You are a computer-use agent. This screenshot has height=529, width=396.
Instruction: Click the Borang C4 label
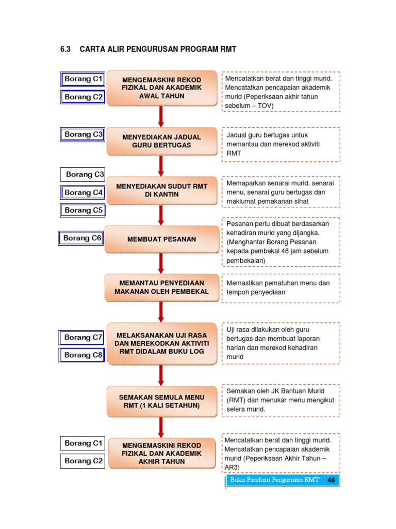(84, 193)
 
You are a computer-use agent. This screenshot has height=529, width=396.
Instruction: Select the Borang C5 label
(84, 210)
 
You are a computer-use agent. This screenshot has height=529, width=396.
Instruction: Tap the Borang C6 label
(82, 238)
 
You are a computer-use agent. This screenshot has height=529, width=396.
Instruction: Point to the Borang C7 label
(84, 337)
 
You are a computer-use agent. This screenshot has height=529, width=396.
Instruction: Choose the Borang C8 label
(84, 355)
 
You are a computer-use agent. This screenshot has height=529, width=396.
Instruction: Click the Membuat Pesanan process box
(161, 239)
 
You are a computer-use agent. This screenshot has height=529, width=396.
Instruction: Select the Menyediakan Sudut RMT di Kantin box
(161, 190)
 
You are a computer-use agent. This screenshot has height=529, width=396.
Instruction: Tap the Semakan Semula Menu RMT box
(161, 401)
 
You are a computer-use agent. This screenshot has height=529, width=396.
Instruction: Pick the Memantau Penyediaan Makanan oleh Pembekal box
(161, 287)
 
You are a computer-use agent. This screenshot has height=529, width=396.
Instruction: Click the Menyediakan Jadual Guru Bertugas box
(161, 141)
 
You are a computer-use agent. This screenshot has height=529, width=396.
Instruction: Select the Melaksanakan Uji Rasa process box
(161, 344)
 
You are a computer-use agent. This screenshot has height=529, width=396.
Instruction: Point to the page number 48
(331, 480)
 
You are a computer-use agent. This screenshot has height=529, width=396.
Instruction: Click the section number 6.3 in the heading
(65, 50)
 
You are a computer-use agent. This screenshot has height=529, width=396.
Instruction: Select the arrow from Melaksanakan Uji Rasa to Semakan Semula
(161, 375)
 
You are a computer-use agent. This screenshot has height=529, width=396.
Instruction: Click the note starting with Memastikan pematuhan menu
(282, 288)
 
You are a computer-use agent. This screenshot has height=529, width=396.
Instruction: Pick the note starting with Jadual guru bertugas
(282, 144)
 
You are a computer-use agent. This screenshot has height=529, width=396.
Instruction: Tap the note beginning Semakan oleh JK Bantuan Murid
(282, 400)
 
